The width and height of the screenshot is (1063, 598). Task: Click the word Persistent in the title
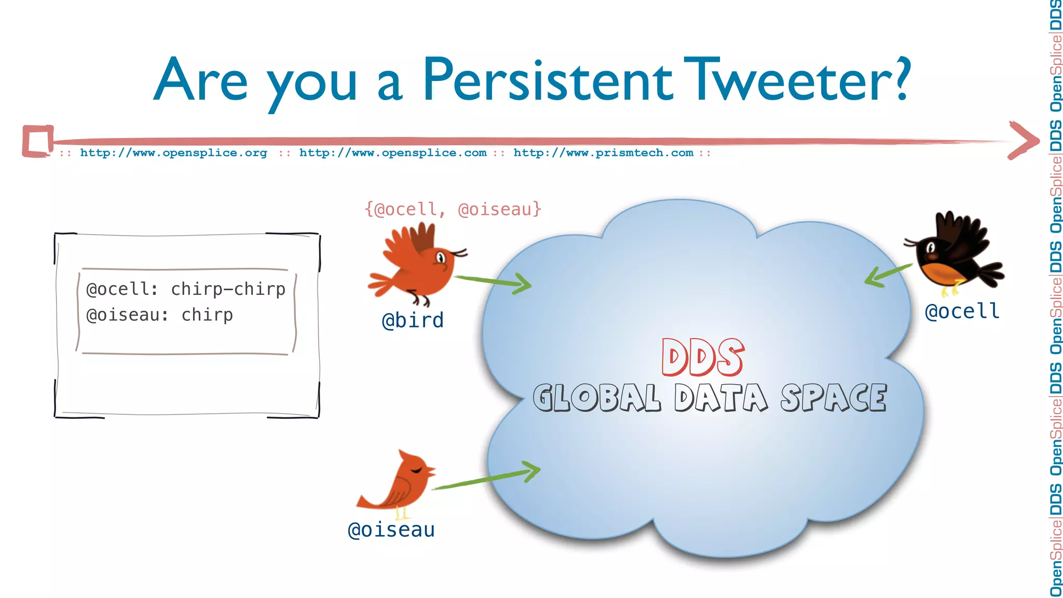(548, 80)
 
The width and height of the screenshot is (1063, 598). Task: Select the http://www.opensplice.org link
(173, 153)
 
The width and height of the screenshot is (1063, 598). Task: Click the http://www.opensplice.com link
(393, 153)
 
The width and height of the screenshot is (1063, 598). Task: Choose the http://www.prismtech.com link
(603, 153)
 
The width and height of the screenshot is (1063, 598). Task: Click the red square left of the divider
(37, 141)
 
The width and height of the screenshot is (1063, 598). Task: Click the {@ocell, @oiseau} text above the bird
(453, 209)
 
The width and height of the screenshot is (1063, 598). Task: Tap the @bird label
(413, 320)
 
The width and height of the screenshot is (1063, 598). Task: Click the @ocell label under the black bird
(962, 311)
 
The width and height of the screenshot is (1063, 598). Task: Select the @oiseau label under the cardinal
(391, 530)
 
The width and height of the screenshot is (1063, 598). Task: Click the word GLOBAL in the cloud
(597, 398)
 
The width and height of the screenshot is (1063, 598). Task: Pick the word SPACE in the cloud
(834, 398)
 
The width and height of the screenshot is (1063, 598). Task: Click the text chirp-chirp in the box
(228, 289)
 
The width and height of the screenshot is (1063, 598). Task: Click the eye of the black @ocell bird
(931, 248)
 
